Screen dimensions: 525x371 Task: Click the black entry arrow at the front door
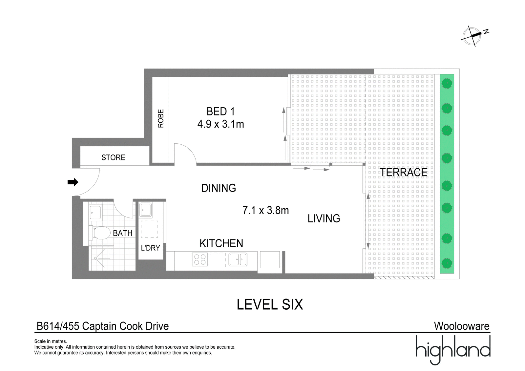click(x=73, y=182)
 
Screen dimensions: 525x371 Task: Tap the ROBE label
click(x=161, y=118)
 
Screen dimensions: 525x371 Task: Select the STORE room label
click(x=113, y=157)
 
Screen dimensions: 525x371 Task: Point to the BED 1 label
click(x=220, y=112)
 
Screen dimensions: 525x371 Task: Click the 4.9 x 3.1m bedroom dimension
click(x=220, y=124)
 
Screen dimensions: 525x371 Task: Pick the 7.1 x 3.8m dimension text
click(x=265, y=210)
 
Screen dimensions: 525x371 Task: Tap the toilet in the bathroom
click(x=100, y=233)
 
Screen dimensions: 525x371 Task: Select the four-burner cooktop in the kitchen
click(x=200, y=259)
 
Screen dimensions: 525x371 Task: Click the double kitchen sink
click(x=238, y=259)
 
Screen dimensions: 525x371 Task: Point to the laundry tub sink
click(x=146, y=210)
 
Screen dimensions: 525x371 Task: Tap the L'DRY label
click(x=150, y=248)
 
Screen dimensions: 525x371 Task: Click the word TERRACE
click(x=403, y=172)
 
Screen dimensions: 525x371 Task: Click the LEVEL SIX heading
click(x=270, y=304)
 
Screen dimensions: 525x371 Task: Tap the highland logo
click(x=453, y=350)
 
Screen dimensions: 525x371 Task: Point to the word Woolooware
click(x=462, y=326)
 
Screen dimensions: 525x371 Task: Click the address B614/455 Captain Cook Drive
click(x=103, y=326)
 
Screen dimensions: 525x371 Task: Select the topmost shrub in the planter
click(x=447, y=83)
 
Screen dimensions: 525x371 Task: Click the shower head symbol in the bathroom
click(x=95, y=258)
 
